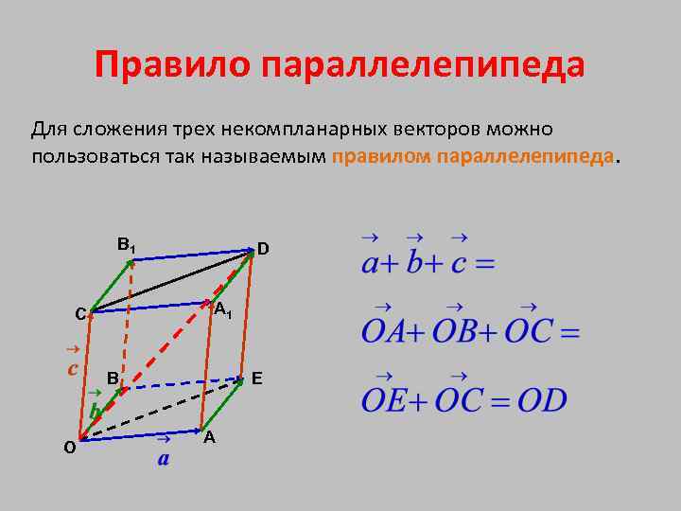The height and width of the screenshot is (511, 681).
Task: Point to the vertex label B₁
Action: click(x=126, y=245)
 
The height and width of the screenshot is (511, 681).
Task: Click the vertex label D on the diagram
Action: click(x=263, y=249)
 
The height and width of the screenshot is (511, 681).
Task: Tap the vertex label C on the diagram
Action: click(x=80, y=314)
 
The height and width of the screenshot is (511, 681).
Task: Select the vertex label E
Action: click(x=256, y=379)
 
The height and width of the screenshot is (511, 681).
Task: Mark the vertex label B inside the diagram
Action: click(x=112, y=379)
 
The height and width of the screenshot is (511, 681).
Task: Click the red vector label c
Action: click(x=72, y=368)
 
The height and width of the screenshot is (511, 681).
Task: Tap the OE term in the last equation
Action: click(x=384, y=399)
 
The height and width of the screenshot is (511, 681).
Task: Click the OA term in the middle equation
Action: click(x=384, y=332)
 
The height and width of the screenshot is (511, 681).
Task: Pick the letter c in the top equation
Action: click(x=459, y=262)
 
